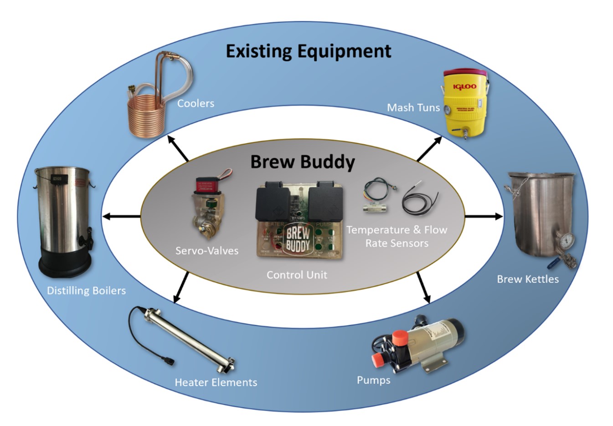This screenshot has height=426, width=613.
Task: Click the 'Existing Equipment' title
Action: pyautogui.click(x=309, y=51)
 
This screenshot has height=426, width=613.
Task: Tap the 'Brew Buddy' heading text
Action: pyautogui.click(x=303, y=162)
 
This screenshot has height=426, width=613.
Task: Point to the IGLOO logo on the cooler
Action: pyautogui.click(x=464, y=86)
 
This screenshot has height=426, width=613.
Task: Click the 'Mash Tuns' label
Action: pyautogui.click(x=413, y=108)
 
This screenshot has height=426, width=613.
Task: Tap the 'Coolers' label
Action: pyautogui.click(x=196, y=103)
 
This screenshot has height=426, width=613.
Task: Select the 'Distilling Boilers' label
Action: pyautogui.click(x=86, y=290)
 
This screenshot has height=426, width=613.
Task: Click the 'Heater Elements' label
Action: pyautogui.click(x=216, y=382)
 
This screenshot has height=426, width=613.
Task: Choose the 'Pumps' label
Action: pyautogui.click(x=373, y=380)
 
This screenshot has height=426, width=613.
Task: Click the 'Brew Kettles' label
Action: pyautogui.click(x=527, y=279)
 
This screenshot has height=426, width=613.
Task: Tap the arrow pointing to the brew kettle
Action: pyautogui.click(x=483, y=216)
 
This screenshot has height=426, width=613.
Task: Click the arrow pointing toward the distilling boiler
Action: pyautogui.click(x=121, y=216)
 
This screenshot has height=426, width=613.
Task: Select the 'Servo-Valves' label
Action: pyautogui.click(x=207, y=250)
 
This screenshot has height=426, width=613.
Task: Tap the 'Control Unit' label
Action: pyautogui.click(x=297, y=275)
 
